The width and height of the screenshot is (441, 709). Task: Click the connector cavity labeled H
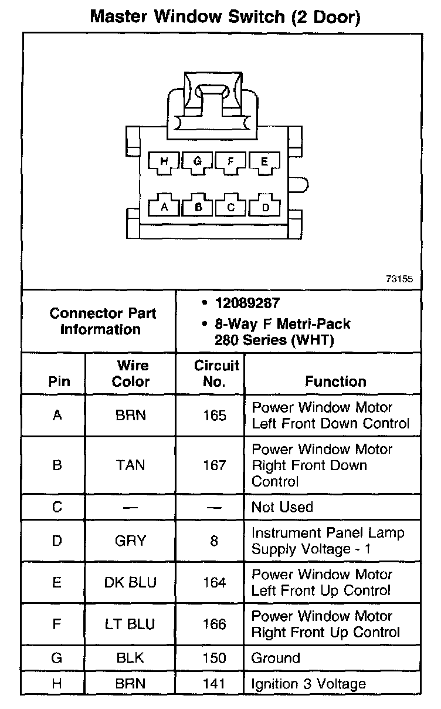pyautogui.click(x=164, y=161)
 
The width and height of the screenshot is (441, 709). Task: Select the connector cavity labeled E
pyautogui.click(x=264, y=161)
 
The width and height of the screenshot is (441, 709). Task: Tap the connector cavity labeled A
pyautogui.click(x=164, y=207)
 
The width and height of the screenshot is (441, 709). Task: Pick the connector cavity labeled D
pyautogui.click(x=264, y=207)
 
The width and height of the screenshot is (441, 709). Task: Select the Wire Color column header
pyautogui.click(x=131, y=374)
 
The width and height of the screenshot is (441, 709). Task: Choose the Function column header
pyautogui.click(x=335, y=381)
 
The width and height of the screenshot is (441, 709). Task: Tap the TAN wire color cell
pyautogui.click(x=131, y=465)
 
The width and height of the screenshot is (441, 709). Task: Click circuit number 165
pyautogui.click(x=214, y=416)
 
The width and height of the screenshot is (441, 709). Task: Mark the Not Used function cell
pyautogui.click(x=283, y=507)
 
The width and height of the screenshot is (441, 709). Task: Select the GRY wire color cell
pyautogui.click(x=131, y=541)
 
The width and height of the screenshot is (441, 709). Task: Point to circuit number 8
pyautogui.click(x=214, y=541)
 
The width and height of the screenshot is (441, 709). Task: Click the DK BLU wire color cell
pyautogui.click(x=131, y=582)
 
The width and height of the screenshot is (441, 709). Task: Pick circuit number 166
pyautogui.click(x=214, y=624)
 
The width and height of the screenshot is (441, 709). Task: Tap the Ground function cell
pyautogui.click(x=276, y=658)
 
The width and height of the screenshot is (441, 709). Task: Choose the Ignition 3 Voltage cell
pyautogui.click(x=308, y=684)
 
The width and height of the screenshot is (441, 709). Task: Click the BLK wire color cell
pyautogui.click(x=131, y=658)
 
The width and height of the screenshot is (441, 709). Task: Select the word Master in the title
pyautogui.click(x=118, y=16)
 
